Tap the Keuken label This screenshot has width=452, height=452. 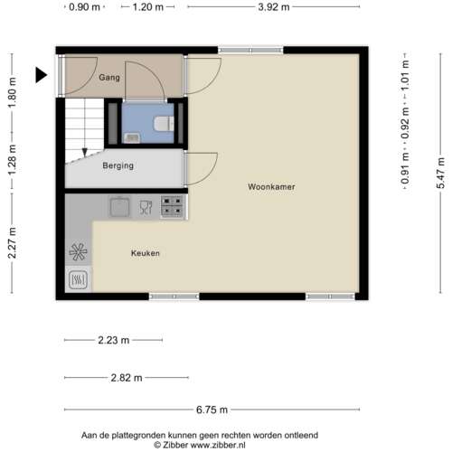point(145,253)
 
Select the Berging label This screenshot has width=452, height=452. point(118,165)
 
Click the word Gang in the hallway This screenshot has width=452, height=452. point(109,78)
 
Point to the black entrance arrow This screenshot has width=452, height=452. point(42,76)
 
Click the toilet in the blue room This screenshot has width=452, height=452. point(162,124)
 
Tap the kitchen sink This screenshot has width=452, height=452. point(118,208)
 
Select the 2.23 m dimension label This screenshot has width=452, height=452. point(114,340)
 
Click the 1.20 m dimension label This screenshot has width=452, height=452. point(147,7)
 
